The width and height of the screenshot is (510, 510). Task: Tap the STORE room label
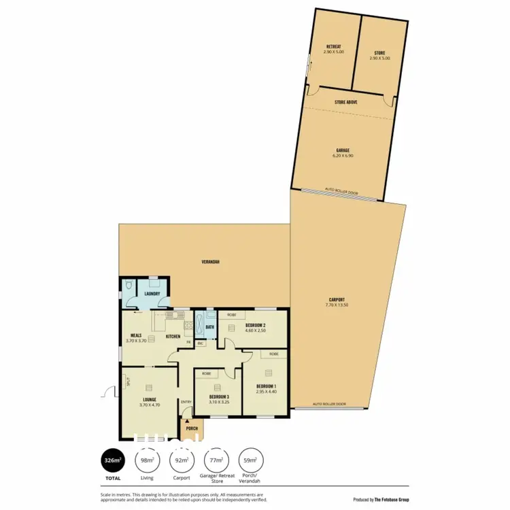(379, 52)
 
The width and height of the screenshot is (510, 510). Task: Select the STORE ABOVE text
(346, 101)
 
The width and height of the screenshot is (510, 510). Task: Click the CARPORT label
(336, 299)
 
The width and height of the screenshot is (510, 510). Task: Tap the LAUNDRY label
(152, 294)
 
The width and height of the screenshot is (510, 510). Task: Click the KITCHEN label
(173, 337)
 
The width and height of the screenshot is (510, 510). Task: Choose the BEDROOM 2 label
(255, 326)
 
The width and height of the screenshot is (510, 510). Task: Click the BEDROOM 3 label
(218, 396)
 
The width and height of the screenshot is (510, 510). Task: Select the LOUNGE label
(150, 400)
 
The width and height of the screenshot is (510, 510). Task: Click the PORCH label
(192, 428)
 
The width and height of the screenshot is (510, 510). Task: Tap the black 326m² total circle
(112, 461)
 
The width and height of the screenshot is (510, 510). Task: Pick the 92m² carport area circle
(182, 460)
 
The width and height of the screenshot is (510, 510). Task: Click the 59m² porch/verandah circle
(250, 460)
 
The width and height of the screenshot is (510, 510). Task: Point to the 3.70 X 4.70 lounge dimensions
(150, 405)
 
